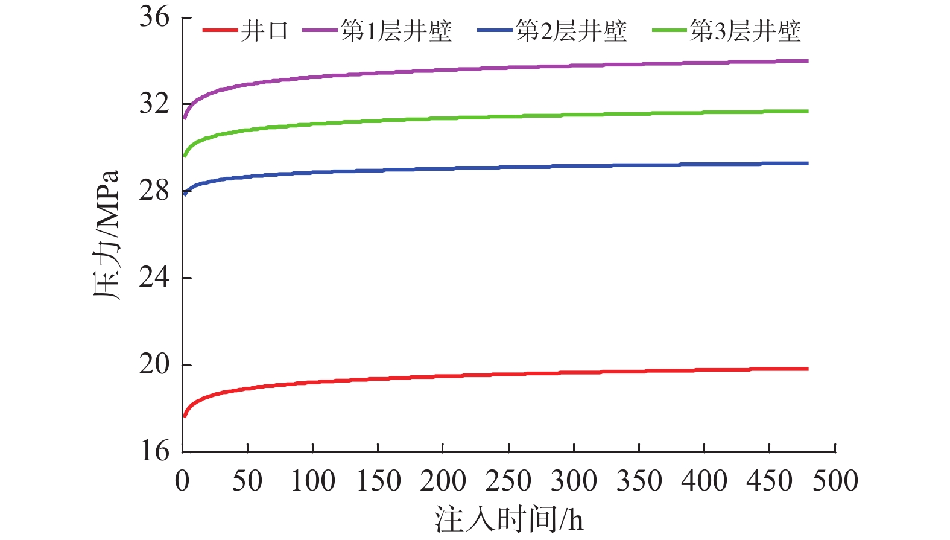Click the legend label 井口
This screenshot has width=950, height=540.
pyautogui.click(x=265, y=31)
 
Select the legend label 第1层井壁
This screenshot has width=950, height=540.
pyautogui.click(x=396, y=31)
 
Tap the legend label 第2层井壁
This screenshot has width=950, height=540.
pyautogui.click(x=571, y=31)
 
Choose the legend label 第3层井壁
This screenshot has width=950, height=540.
pyautogui.click(x=746, y=31)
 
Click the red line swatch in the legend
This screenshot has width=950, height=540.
pyautogui.click(x=220, y=30)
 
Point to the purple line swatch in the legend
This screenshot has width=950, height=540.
pyautogui.click(x=320, y=30)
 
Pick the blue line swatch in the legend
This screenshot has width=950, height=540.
pyautogui.click(x=495, y=30)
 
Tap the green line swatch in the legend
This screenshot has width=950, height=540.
pyautogui.click(x=670, y=30)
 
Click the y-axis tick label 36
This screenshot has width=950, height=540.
pyautogui.click(x=154, y=17)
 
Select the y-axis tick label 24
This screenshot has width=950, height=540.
pyautogui.click(x=154, y=278)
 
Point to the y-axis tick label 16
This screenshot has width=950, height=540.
pyautogui.click(x=154, y=451)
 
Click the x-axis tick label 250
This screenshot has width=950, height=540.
pyautogui.click(x=508, y=481)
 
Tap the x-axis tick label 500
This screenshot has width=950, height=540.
pyautogui.click(x=835, y=481)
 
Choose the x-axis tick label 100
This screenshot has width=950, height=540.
pyautogui.click(x=312, y=481)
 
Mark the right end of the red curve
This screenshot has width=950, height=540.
pyautogui.click(x=808, y=369)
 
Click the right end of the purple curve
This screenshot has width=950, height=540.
pyautogui.click(x=808, y=61)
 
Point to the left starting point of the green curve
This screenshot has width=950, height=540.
pyautogui.click(x=185, y=156)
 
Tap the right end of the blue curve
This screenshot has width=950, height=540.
pyautogui.click(x=808, y=164)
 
